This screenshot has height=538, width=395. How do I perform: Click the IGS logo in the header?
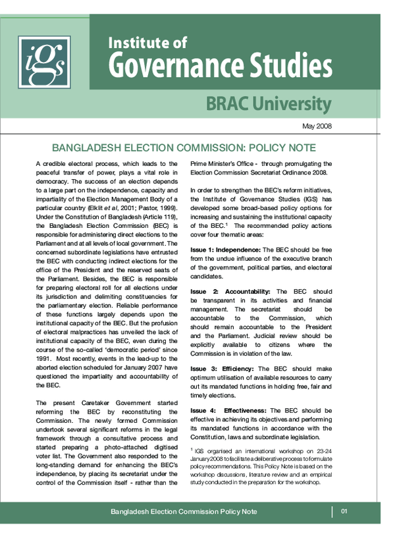[x=43, y=62]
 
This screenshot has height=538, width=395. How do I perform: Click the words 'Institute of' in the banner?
[x=147, y=43]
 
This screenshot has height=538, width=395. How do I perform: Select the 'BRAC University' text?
[x=268, y=103]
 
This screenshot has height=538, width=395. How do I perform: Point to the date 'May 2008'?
[x=317, y=126]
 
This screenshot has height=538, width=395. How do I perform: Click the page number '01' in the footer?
[x=344, y=512]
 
